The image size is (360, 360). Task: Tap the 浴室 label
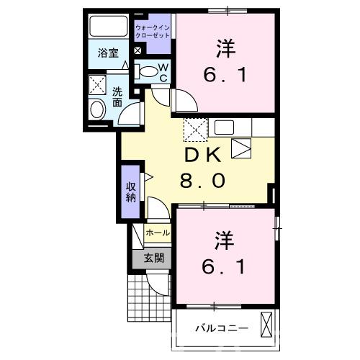(x=108, y=53)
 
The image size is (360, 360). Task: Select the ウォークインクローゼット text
(x=153, y=32)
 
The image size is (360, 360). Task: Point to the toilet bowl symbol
(x=148, y=71)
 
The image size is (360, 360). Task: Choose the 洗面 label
(x=116, y=97)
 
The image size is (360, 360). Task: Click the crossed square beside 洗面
(x=96, y=86)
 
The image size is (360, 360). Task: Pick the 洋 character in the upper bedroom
(x=225, y=48)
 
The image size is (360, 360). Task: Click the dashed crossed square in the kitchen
(x=194, y=130)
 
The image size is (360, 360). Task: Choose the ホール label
(x=158, y=233)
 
